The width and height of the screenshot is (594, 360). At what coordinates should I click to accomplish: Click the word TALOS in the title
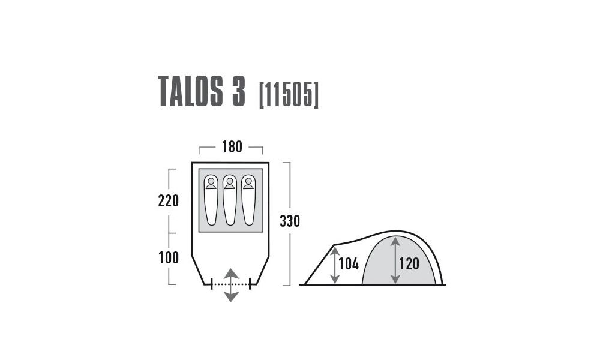191,91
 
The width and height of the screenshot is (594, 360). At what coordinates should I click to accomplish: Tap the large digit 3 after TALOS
239,91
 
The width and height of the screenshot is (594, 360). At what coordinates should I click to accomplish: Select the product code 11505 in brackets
289,95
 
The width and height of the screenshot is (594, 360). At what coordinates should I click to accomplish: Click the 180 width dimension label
232,146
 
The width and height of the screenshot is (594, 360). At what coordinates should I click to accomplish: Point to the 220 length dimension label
169,200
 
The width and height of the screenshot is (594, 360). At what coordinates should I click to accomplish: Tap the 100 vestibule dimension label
169,257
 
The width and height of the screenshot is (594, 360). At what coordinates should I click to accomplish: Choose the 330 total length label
290,221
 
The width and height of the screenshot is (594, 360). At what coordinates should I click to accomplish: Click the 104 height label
348,263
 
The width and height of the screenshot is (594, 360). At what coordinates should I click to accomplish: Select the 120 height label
409,263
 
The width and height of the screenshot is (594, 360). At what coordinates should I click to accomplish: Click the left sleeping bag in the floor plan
211,200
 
